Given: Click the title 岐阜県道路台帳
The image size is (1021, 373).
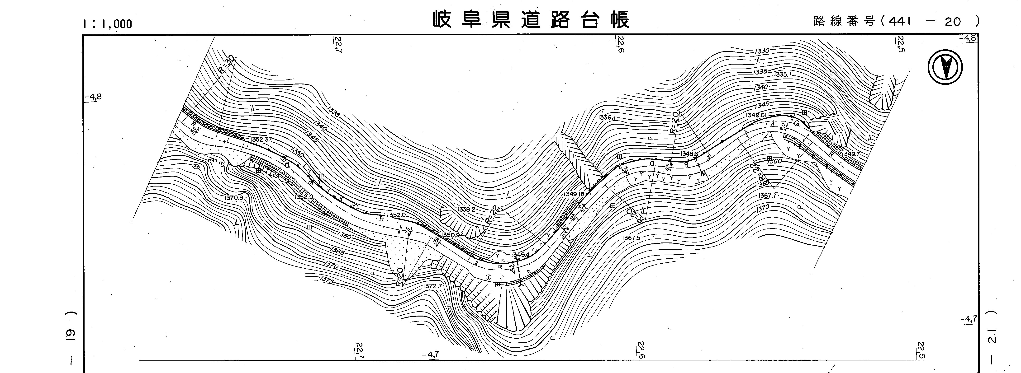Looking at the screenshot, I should pos(531,20).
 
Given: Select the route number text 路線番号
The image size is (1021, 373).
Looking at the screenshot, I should pos(843,21).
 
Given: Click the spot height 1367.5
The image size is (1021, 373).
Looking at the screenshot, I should pos(631,238).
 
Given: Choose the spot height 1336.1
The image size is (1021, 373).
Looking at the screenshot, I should pos(606,118).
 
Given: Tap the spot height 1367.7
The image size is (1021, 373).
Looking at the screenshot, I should pos(767,196).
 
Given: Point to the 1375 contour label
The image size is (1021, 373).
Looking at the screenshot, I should pos(327,281).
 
